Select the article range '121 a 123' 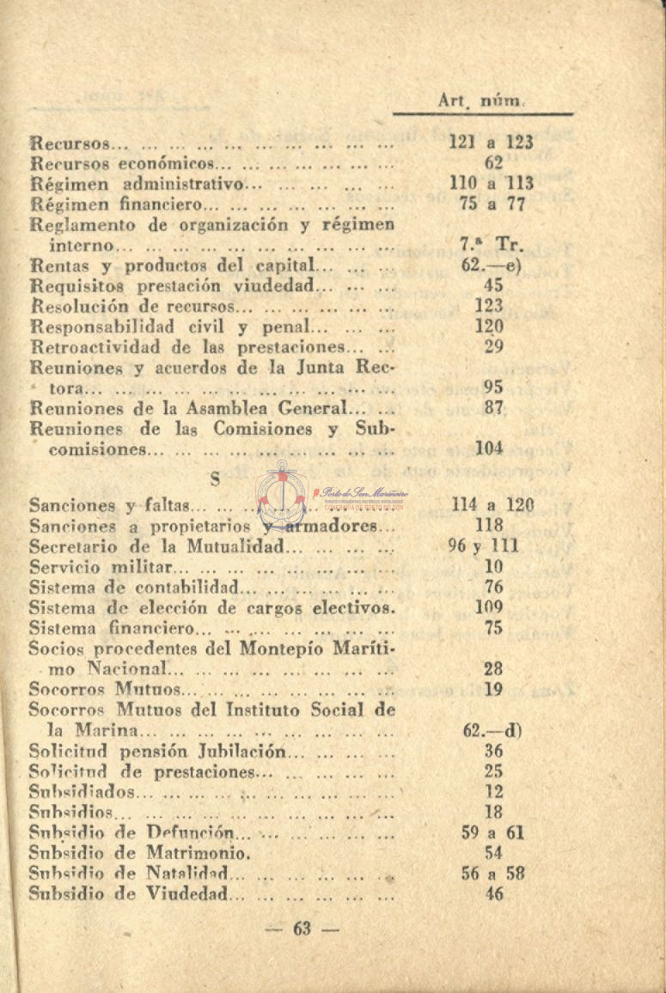(x=492, y=143)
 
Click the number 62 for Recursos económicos (x=493, y=163)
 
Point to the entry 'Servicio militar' (x=101, y=567)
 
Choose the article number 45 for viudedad (x=493, y=285)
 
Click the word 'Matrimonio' (x=197, y=854)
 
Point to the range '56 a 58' (x=492, y=874)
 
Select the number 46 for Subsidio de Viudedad (x=493, y=894)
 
